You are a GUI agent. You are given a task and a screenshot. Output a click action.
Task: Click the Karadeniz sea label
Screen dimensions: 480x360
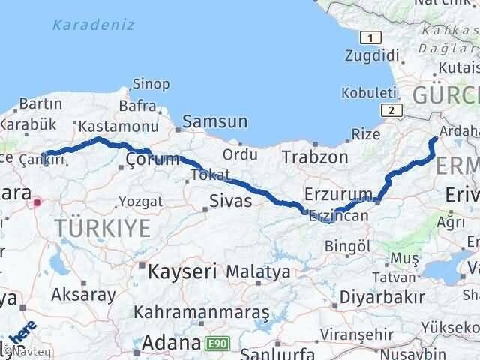coord(94,25)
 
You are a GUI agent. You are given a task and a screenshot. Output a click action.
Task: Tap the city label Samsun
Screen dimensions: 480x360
coord(215,121)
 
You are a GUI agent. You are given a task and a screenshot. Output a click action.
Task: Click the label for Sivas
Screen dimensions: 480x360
coord(231,201)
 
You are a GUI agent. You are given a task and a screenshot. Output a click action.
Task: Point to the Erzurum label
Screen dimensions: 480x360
coord(338,194)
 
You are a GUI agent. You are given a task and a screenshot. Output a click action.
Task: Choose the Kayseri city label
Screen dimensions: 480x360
coord(182,270)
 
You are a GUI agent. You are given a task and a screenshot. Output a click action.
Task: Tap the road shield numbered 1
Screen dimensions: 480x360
coord(368,37)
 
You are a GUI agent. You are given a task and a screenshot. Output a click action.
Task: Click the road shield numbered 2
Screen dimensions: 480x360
coord(390,110)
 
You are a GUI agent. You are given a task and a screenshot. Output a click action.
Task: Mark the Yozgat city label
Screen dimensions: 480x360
coord(139,202)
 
